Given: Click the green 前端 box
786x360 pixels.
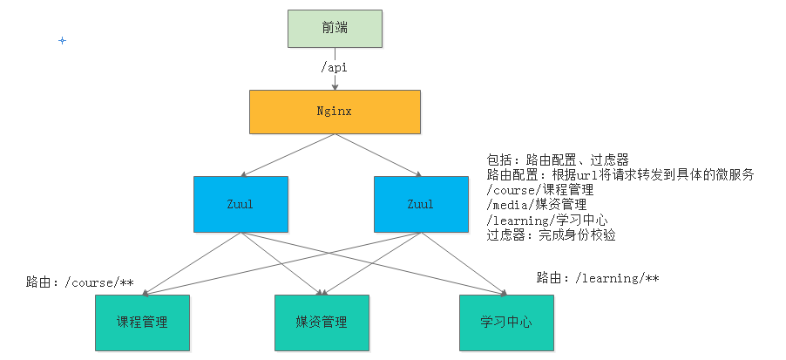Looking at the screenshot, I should (334, 28).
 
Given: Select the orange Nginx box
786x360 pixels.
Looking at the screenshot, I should (334, 112).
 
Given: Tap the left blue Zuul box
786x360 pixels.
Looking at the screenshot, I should (241, 204).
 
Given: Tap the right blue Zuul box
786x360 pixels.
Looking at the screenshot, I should (419, 204).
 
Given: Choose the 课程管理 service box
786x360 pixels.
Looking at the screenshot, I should (142, 323).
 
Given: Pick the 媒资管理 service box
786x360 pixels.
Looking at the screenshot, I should (322, 323).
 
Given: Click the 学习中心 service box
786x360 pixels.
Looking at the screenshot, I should (505, 323).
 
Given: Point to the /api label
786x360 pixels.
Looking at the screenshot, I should (335, 65).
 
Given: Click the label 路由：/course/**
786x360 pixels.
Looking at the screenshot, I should (79, 282).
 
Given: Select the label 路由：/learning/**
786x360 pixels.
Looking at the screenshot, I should (597, 278).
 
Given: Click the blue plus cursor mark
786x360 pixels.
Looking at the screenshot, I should (62, 41).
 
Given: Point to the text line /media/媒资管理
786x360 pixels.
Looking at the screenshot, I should (535, 205).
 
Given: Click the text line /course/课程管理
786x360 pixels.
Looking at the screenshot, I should (540, 190).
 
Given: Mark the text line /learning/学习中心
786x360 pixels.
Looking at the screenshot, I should (546, 220).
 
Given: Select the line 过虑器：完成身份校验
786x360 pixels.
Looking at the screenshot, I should (551, 234).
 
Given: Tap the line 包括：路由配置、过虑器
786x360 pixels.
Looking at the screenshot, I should (557, 160).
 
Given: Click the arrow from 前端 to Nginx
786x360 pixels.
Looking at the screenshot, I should (335, 80).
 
